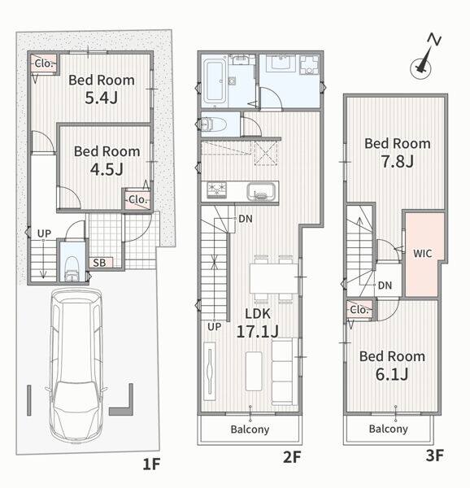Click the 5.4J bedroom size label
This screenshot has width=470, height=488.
(x=102, y=98)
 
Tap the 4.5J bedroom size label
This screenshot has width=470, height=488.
(x=107, y=169)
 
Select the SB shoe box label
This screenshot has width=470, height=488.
(x=99, y=263)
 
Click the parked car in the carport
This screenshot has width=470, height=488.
(x=76, y=365)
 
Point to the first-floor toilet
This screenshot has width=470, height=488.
(x=72, y=268)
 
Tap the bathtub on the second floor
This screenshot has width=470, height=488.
(x=215, y=81)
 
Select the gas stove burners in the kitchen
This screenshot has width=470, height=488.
(x=217, y=190)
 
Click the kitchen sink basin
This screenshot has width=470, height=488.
(x=262, y=191)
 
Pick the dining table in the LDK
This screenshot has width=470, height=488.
(x=274, y=278)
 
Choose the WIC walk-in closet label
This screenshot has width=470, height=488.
(x=422, y=253)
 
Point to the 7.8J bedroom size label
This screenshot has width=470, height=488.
(x=398, y=162)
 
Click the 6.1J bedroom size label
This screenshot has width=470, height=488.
(x=392, y=374)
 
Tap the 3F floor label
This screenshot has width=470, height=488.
(x=434, y=455)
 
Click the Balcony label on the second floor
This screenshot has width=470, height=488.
(x=250, y=429)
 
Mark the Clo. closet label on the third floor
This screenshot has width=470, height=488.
(x=359, y=310)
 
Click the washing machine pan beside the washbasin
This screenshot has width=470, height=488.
(x=310, y=64)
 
